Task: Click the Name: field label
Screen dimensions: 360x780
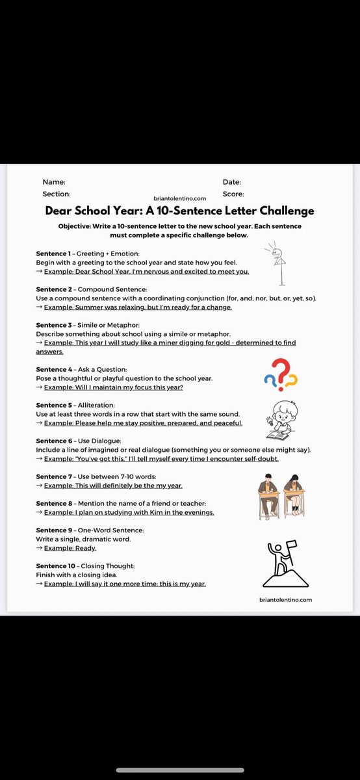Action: coord(53,183)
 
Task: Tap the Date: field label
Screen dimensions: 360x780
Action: coord(231,183)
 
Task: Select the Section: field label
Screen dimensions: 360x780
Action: coord(56,194)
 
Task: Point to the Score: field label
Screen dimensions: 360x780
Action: coord(233,194)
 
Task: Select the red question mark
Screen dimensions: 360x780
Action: coord(279,369)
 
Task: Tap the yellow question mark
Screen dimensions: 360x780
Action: coord(292,380)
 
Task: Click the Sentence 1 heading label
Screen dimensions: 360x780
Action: coord(53,253)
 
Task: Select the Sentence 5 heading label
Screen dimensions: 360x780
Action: coord(53,405)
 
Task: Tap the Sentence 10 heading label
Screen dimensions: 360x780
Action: coord(55,566)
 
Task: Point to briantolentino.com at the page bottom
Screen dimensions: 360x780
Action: coord(285,600)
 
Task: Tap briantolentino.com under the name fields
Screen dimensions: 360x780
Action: coord(180,199)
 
